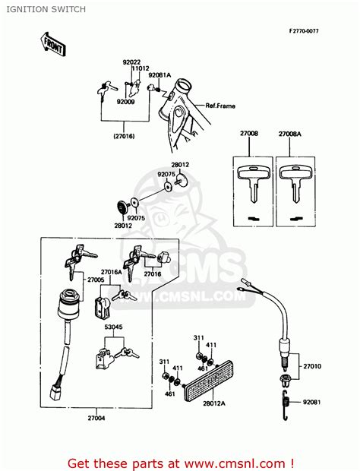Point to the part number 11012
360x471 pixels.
pyautogui.click(x=141, y=68)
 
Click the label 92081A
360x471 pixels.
pyautogui.click(x=159, y=75)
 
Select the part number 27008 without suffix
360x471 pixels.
pyautogui.click(x=248, y=133)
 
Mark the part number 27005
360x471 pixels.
pyautogui.click(x=96, y=280)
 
